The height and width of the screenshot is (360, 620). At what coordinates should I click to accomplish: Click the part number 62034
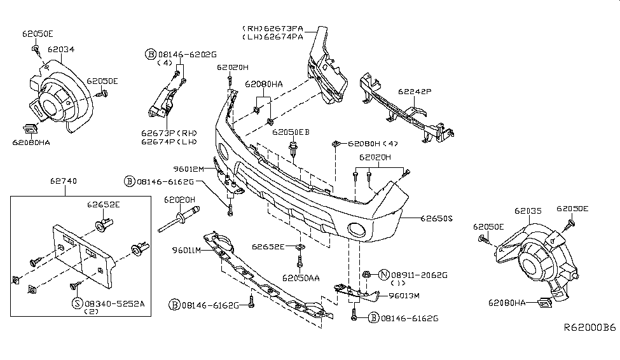point(61,50)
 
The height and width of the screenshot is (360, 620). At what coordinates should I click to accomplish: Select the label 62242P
point(415,92)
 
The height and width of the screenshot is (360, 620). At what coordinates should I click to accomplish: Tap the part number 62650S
point(436,218)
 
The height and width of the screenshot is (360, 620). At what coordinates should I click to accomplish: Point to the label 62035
point(528,211)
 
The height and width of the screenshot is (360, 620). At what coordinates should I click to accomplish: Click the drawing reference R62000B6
point(589,328)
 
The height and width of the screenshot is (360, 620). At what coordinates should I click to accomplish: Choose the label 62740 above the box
point(63,181)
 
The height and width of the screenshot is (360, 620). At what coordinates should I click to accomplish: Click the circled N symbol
point(383,275)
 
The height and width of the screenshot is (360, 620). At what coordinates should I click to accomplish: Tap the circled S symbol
point(77,303)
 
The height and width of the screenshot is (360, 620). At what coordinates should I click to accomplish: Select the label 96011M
point(186,250)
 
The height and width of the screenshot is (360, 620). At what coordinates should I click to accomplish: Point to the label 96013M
point(404,296)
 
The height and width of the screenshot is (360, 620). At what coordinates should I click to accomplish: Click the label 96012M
point(189,169)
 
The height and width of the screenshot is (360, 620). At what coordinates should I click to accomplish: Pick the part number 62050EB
point(291,132)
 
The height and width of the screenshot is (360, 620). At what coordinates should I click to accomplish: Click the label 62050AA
point(301,278)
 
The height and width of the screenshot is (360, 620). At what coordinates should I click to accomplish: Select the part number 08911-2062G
point(419,275)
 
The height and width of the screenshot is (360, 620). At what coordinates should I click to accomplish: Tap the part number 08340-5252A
point(114,304)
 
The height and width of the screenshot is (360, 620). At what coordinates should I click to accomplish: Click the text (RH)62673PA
point(272,29)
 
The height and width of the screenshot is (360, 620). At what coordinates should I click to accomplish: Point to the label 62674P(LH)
point(169,142)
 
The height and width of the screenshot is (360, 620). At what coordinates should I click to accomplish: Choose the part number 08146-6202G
point(188,55)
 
